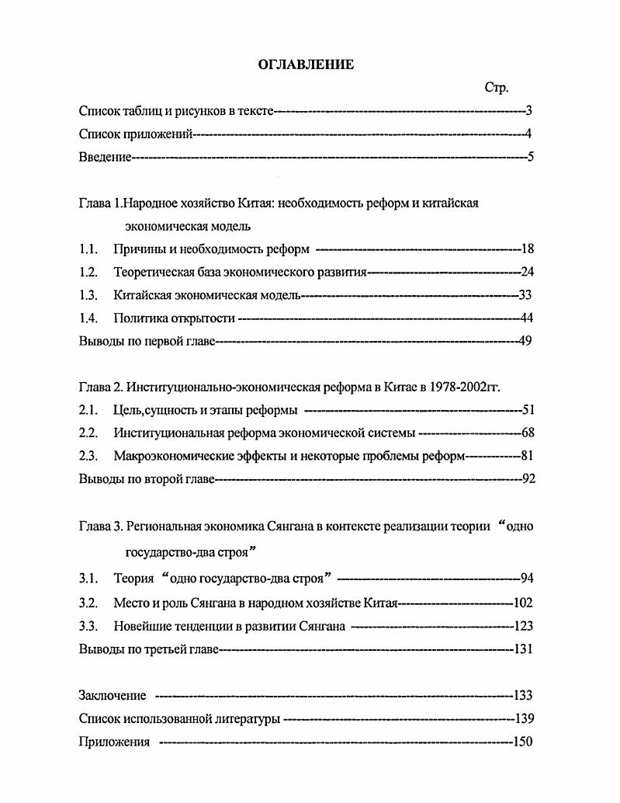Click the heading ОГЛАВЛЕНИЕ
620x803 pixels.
(x=306, y=65)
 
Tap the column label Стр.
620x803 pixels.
(x=496, y=89)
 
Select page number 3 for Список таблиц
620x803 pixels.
(x=528, y=111)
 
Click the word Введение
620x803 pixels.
(x=105, y=158)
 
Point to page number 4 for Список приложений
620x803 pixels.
(x=528, y=134)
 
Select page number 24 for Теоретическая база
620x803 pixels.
(x=527, y=273)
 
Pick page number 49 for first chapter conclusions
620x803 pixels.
(x=524, y=341)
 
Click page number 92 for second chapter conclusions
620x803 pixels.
(x=528, y=479)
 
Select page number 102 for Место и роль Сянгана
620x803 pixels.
(x=523, y=603)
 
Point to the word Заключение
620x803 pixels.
(x=113, y=695)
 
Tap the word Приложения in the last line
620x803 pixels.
(x=114, y=742)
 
